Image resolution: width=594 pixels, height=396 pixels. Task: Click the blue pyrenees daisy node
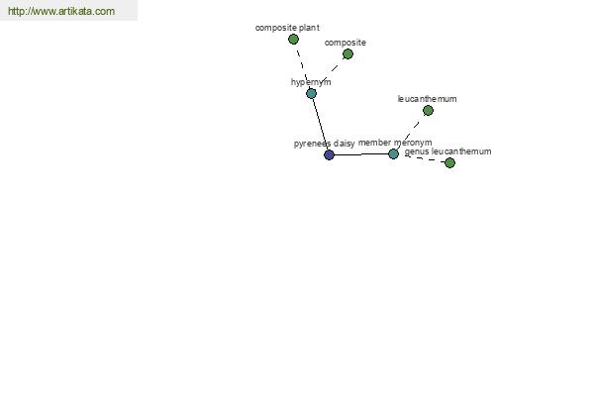(329, 154)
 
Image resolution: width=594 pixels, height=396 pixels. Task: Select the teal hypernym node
(311, 93)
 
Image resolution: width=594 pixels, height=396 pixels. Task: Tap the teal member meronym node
(393, 153)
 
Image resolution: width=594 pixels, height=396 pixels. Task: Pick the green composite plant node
(293, 39)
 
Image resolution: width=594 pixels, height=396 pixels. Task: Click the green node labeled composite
(347, 54)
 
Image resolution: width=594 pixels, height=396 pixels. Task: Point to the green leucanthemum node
(428, 110)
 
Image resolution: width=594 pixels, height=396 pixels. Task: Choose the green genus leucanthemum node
(449, 163)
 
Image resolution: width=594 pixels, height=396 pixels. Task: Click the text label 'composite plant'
(287, 28)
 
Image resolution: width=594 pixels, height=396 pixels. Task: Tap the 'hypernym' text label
(311, 82)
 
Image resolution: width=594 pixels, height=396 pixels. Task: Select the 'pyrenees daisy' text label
(325, 144)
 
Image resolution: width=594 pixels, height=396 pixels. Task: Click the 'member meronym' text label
(395, 143)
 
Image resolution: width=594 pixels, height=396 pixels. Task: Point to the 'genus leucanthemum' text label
(447, 151)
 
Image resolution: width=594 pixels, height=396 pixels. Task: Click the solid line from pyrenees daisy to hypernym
(320, 124)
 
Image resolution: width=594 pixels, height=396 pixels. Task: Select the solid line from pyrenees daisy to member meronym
(361, 154)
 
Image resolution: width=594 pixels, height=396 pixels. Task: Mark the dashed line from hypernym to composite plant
(302, 66)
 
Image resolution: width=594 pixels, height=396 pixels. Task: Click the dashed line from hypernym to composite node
(330, 73)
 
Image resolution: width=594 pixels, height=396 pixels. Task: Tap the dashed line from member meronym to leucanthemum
(411, 133)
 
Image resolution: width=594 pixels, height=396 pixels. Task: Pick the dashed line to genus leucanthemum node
(422, 158)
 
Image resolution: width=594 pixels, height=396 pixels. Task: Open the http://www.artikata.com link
(61, 11)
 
